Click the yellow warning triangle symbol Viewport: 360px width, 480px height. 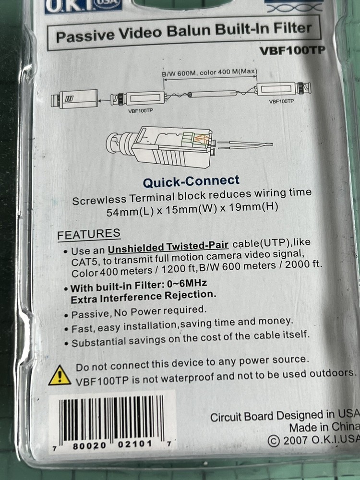click(60, 375)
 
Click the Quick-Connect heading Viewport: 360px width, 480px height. click(191, 180)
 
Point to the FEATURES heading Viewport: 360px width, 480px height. click(89, 235)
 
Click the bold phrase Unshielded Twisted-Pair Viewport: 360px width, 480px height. click(168, 248)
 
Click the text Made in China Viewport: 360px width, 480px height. click(324, 427)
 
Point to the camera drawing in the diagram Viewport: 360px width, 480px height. click(74, 99)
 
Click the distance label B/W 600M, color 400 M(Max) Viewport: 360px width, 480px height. click(209, 73)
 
